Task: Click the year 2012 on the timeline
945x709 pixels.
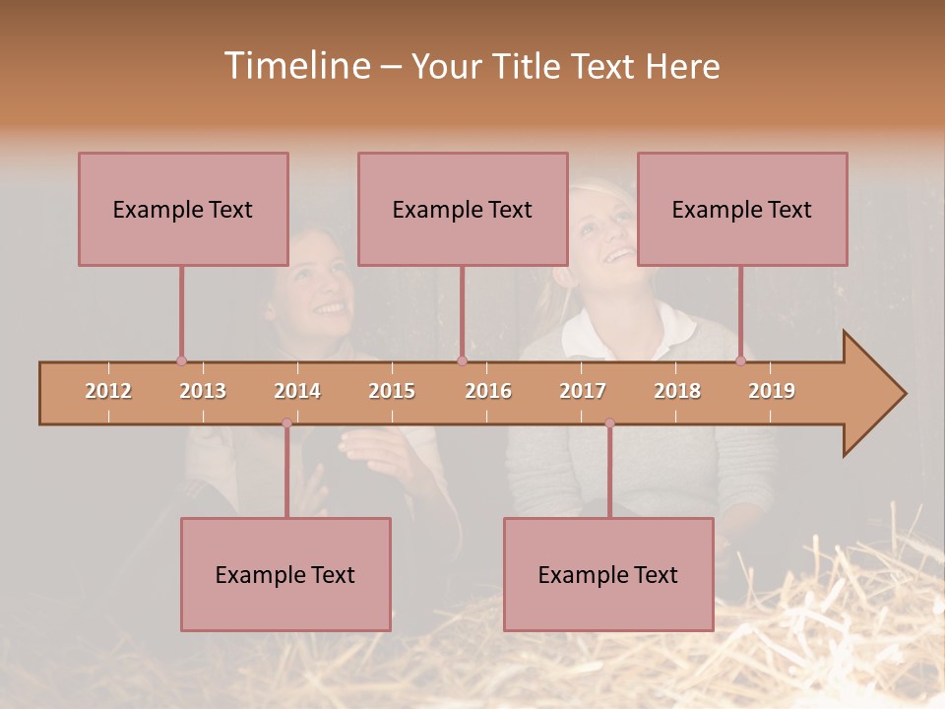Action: click(x=108, y=391)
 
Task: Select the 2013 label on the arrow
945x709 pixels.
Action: click(x=203, y=391)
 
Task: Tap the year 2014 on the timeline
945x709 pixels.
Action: click(x=297, y=391)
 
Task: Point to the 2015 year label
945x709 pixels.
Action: click(x=392, y=391)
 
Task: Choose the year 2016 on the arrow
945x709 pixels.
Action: click(x=488, y=391)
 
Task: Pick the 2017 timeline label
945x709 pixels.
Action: click(x=583, y=391)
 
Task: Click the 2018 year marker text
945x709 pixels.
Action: click(x=677, y=391)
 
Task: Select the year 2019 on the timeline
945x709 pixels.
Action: click(x=772, y=391)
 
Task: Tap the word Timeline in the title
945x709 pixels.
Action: click(x=295, y=66)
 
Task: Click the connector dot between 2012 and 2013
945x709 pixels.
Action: click(x=181, y=361)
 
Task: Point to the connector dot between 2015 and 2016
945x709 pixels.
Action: click(x=462, y=361)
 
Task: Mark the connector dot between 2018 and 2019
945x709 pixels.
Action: click(x=740, y=361)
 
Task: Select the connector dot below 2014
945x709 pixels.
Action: click(x=286, y=423)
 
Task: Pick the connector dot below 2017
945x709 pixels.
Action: click(x=609, y=423)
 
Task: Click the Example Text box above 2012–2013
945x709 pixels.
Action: click(x=183, y=209)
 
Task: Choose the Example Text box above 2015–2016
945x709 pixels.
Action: click(x=463, y=209)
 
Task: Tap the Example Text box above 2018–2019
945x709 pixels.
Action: click(x=742, y=209)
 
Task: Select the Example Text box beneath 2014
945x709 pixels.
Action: click(x=285, y=574)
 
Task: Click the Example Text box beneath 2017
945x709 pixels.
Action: click(x=608, y=574)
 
